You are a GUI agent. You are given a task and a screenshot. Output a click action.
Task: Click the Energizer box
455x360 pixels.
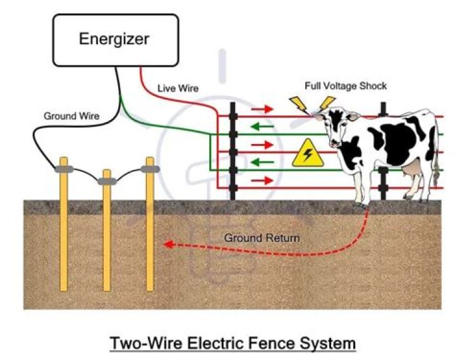tap(114, 39)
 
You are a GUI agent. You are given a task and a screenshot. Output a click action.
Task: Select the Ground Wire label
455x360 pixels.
tap(68, 116)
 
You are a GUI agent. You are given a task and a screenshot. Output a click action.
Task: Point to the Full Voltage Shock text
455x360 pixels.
tap(346, 86)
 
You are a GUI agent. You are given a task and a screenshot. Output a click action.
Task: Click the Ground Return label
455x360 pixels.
tap(262, 238)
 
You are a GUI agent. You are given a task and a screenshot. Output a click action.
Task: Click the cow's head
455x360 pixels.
tap(341, 129)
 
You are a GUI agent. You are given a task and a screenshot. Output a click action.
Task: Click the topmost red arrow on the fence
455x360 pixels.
tap(262, 109)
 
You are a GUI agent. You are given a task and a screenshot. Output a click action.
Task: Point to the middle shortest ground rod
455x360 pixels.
tap(107, 234)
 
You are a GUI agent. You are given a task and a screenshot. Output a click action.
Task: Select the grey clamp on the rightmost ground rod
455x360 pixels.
tap(150, 169)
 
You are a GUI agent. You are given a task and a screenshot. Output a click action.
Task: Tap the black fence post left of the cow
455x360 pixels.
tap(233, 152)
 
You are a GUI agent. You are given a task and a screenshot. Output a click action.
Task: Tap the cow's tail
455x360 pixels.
tap(436, 158)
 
